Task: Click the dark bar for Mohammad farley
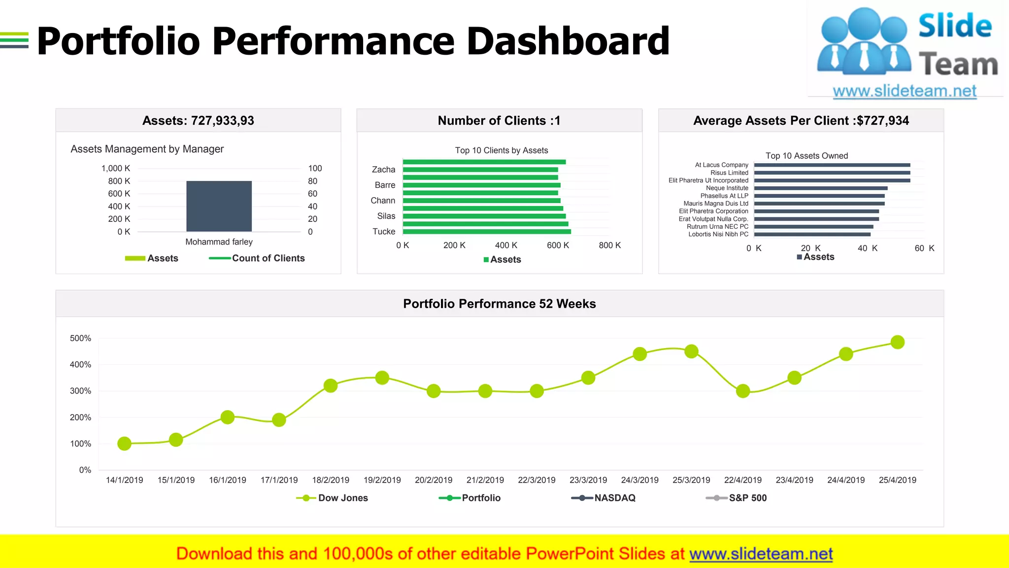(219, 206)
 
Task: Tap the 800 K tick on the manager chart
(119, 181)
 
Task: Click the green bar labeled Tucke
(486, 231)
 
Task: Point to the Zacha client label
(383, 170)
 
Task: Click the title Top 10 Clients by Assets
(501, 150)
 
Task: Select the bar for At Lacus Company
(832, 165)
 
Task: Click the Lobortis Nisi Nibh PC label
(718, 234)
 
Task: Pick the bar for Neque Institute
(820, 188)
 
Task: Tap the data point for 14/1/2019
(125, 444)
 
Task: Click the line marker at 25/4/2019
(897, 342)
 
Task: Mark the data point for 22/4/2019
(743, 391)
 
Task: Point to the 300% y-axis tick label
(80, 391)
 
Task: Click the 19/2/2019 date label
(382, 480)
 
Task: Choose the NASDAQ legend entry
(614, 498)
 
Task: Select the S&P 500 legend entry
(747, 498)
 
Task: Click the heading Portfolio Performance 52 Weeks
(499, 304)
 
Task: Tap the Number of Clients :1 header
(499, 121)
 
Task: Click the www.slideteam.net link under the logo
(904, 91)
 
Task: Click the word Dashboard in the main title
(568, 41)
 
